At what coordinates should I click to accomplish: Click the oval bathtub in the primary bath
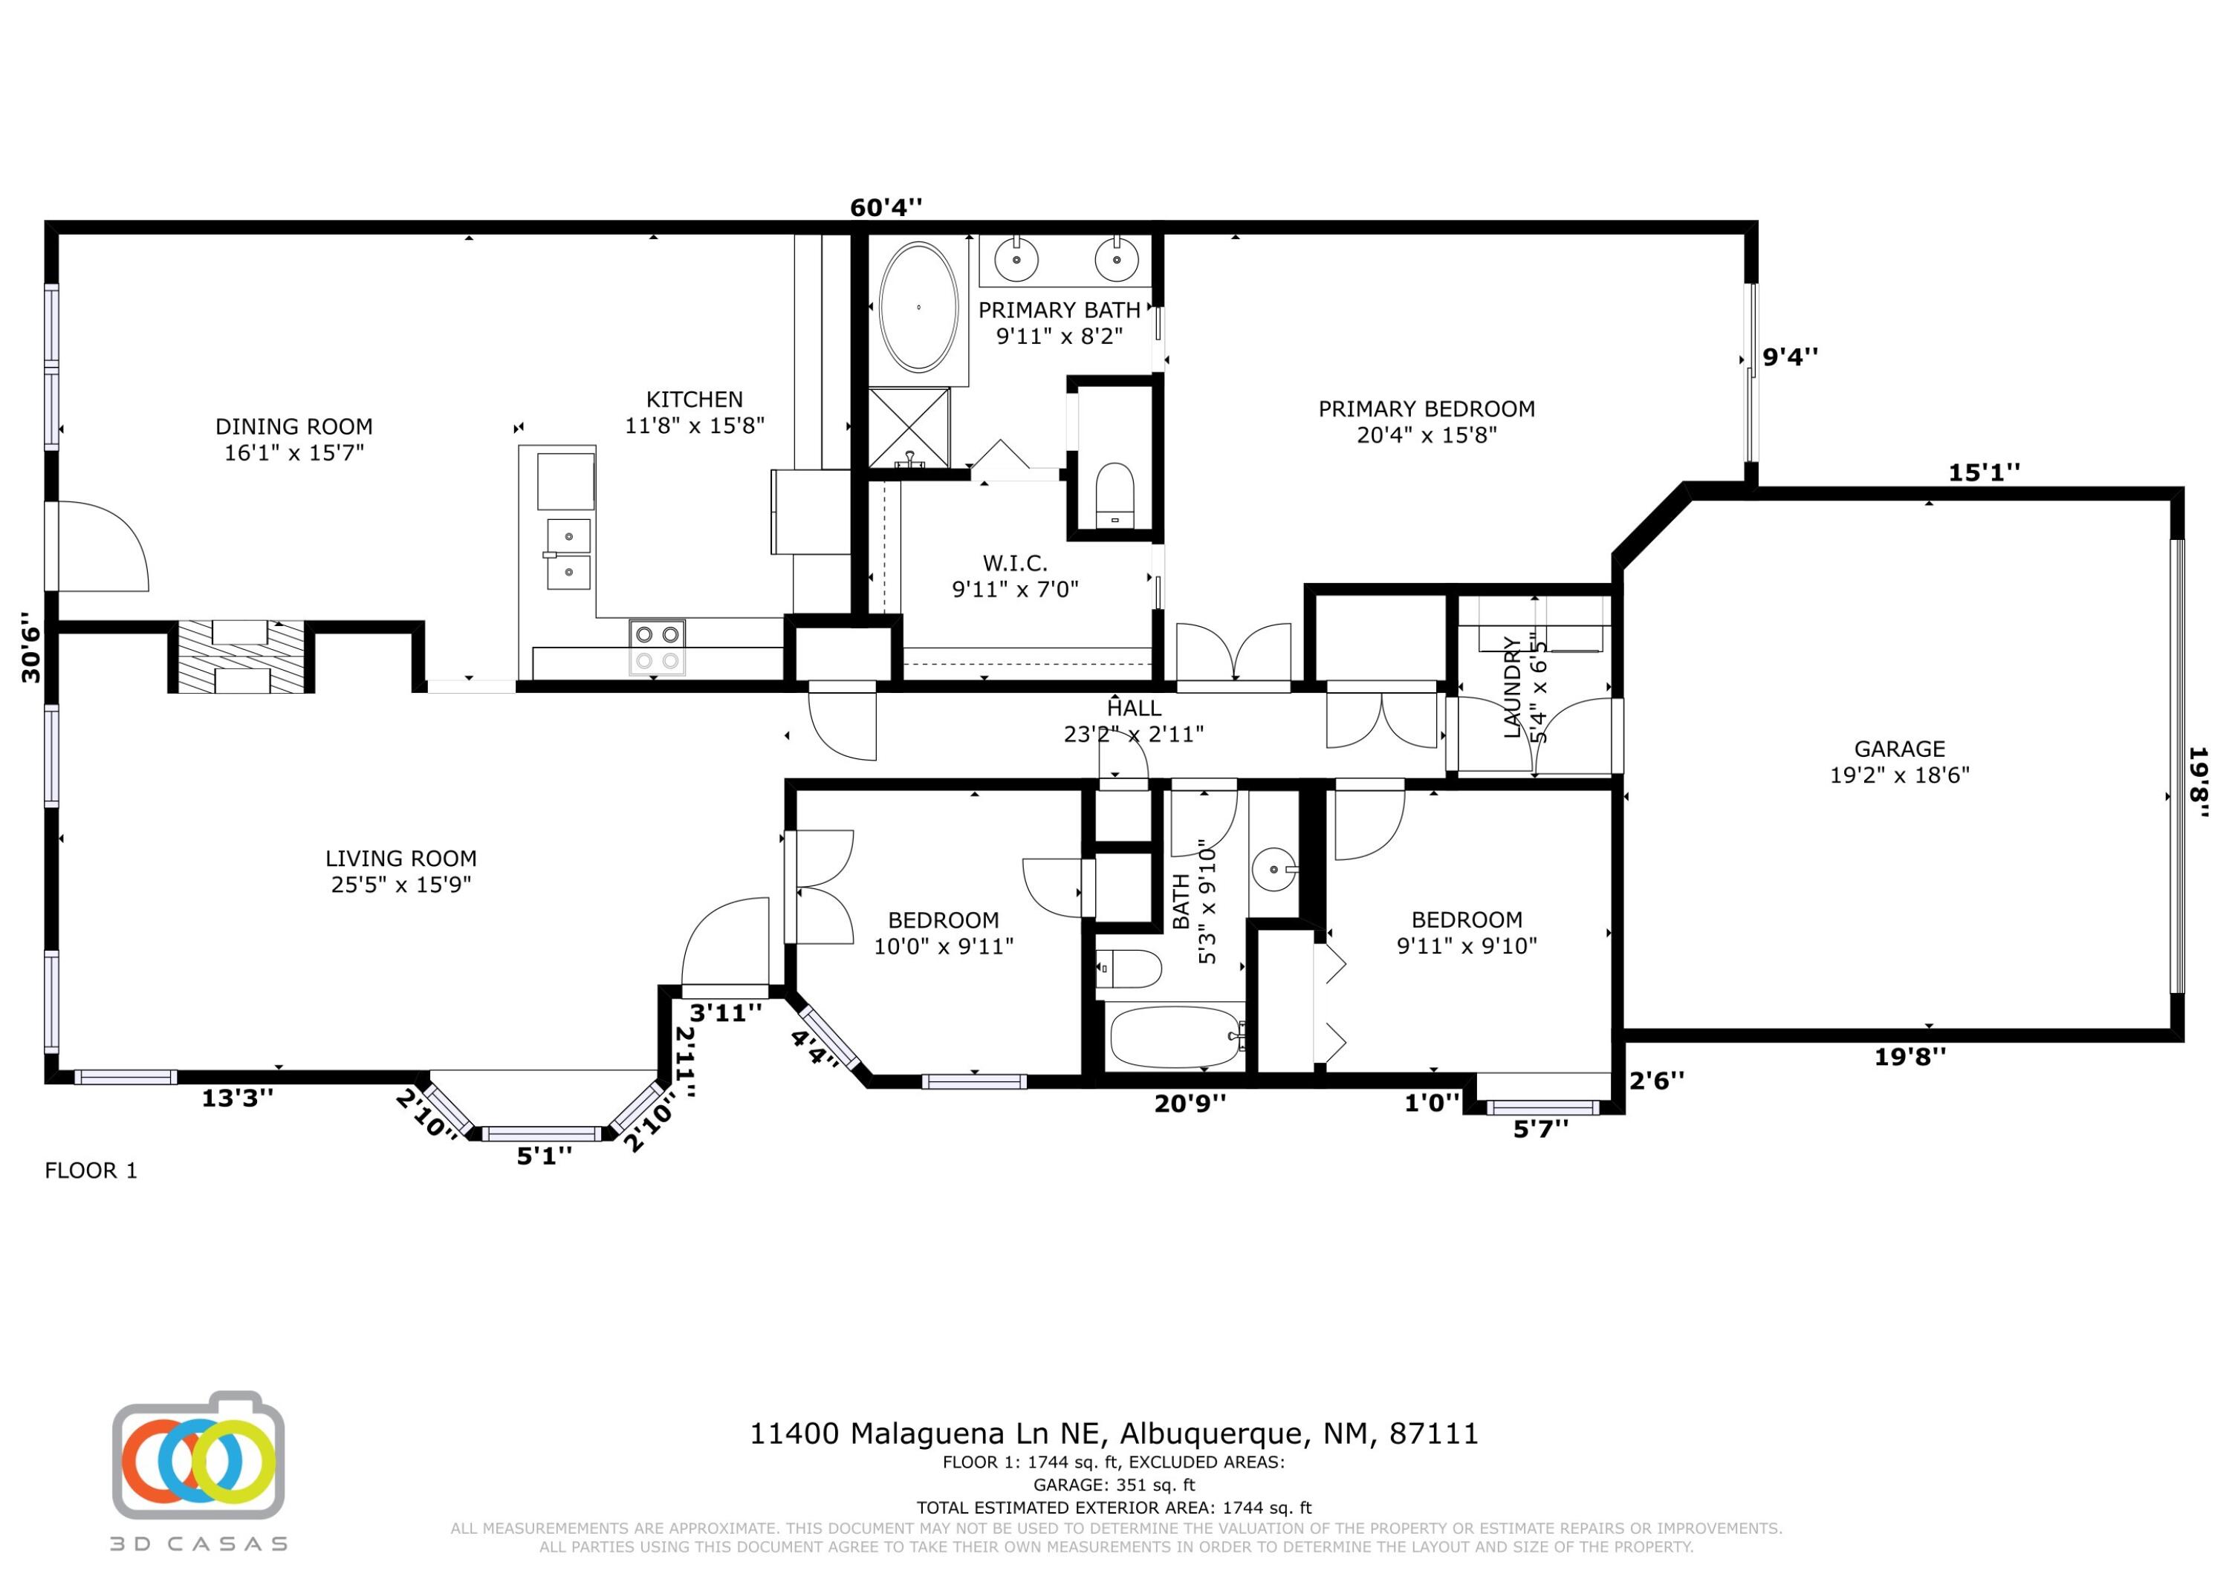(x=918, y=307)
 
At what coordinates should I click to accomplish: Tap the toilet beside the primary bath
(x=1114, y=496)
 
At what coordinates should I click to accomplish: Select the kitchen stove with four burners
(x=657, y=647)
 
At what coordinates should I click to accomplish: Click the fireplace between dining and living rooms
(x=240, y=657)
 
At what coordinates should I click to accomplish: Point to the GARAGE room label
(x=1899, y=749)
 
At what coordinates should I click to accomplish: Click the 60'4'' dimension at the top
(x=886, y=207)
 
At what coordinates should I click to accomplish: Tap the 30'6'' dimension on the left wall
(x=32, y=648)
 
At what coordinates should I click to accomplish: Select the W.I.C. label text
(x=1014, y=563)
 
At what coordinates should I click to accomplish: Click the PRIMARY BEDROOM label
(x=1427, y=409)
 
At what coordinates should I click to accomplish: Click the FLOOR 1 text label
(x=91, y=1171)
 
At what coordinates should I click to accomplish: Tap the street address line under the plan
(x=1114, y=1434)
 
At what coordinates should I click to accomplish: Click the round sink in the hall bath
(x=1273, y=868)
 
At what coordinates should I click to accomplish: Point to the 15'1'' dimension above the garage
(x=1984, y=472)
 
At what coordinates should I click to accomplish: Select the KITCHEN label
(x=695, y=400)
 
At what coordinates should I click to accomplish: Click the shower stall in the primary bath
(x=909, y=427)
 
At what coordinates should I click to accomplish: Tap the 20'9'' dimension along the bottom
(x=1190, y=1104)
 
